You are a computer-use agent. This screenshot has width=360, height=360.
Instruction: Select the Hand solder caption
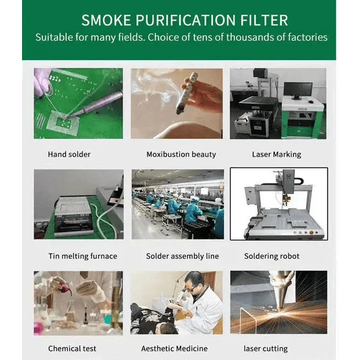click(x=69, y=154)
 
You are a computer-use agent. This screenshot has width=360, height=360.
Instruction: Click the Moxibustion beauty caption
click(x=181, y=154)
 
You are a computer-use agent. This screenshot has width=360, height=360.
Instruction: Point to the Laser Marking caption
click(x=276, y=155)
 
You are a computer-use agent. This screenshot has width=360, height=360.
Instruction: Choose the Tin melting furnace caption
click(x=83, y=256)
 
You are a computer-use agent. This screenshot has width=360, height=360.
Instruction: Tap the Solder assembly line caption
click(x=182, y=256)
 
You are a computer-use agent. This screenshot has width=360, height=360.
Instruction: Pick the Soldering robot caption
click(x=271, y=256)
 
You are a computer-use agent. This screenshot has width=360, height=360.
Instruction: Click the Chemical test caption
click(x=72, y=348)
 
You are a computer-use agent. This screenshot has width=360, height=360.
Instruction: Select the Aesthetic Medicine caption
click(x=174, y=348)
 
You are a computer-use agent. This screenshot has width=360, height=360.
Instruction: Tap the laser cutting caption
click(x=266, y=349)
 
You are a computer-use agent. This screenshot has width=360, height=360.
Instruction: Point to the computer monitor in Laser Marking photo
click(x=298, y=91)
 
